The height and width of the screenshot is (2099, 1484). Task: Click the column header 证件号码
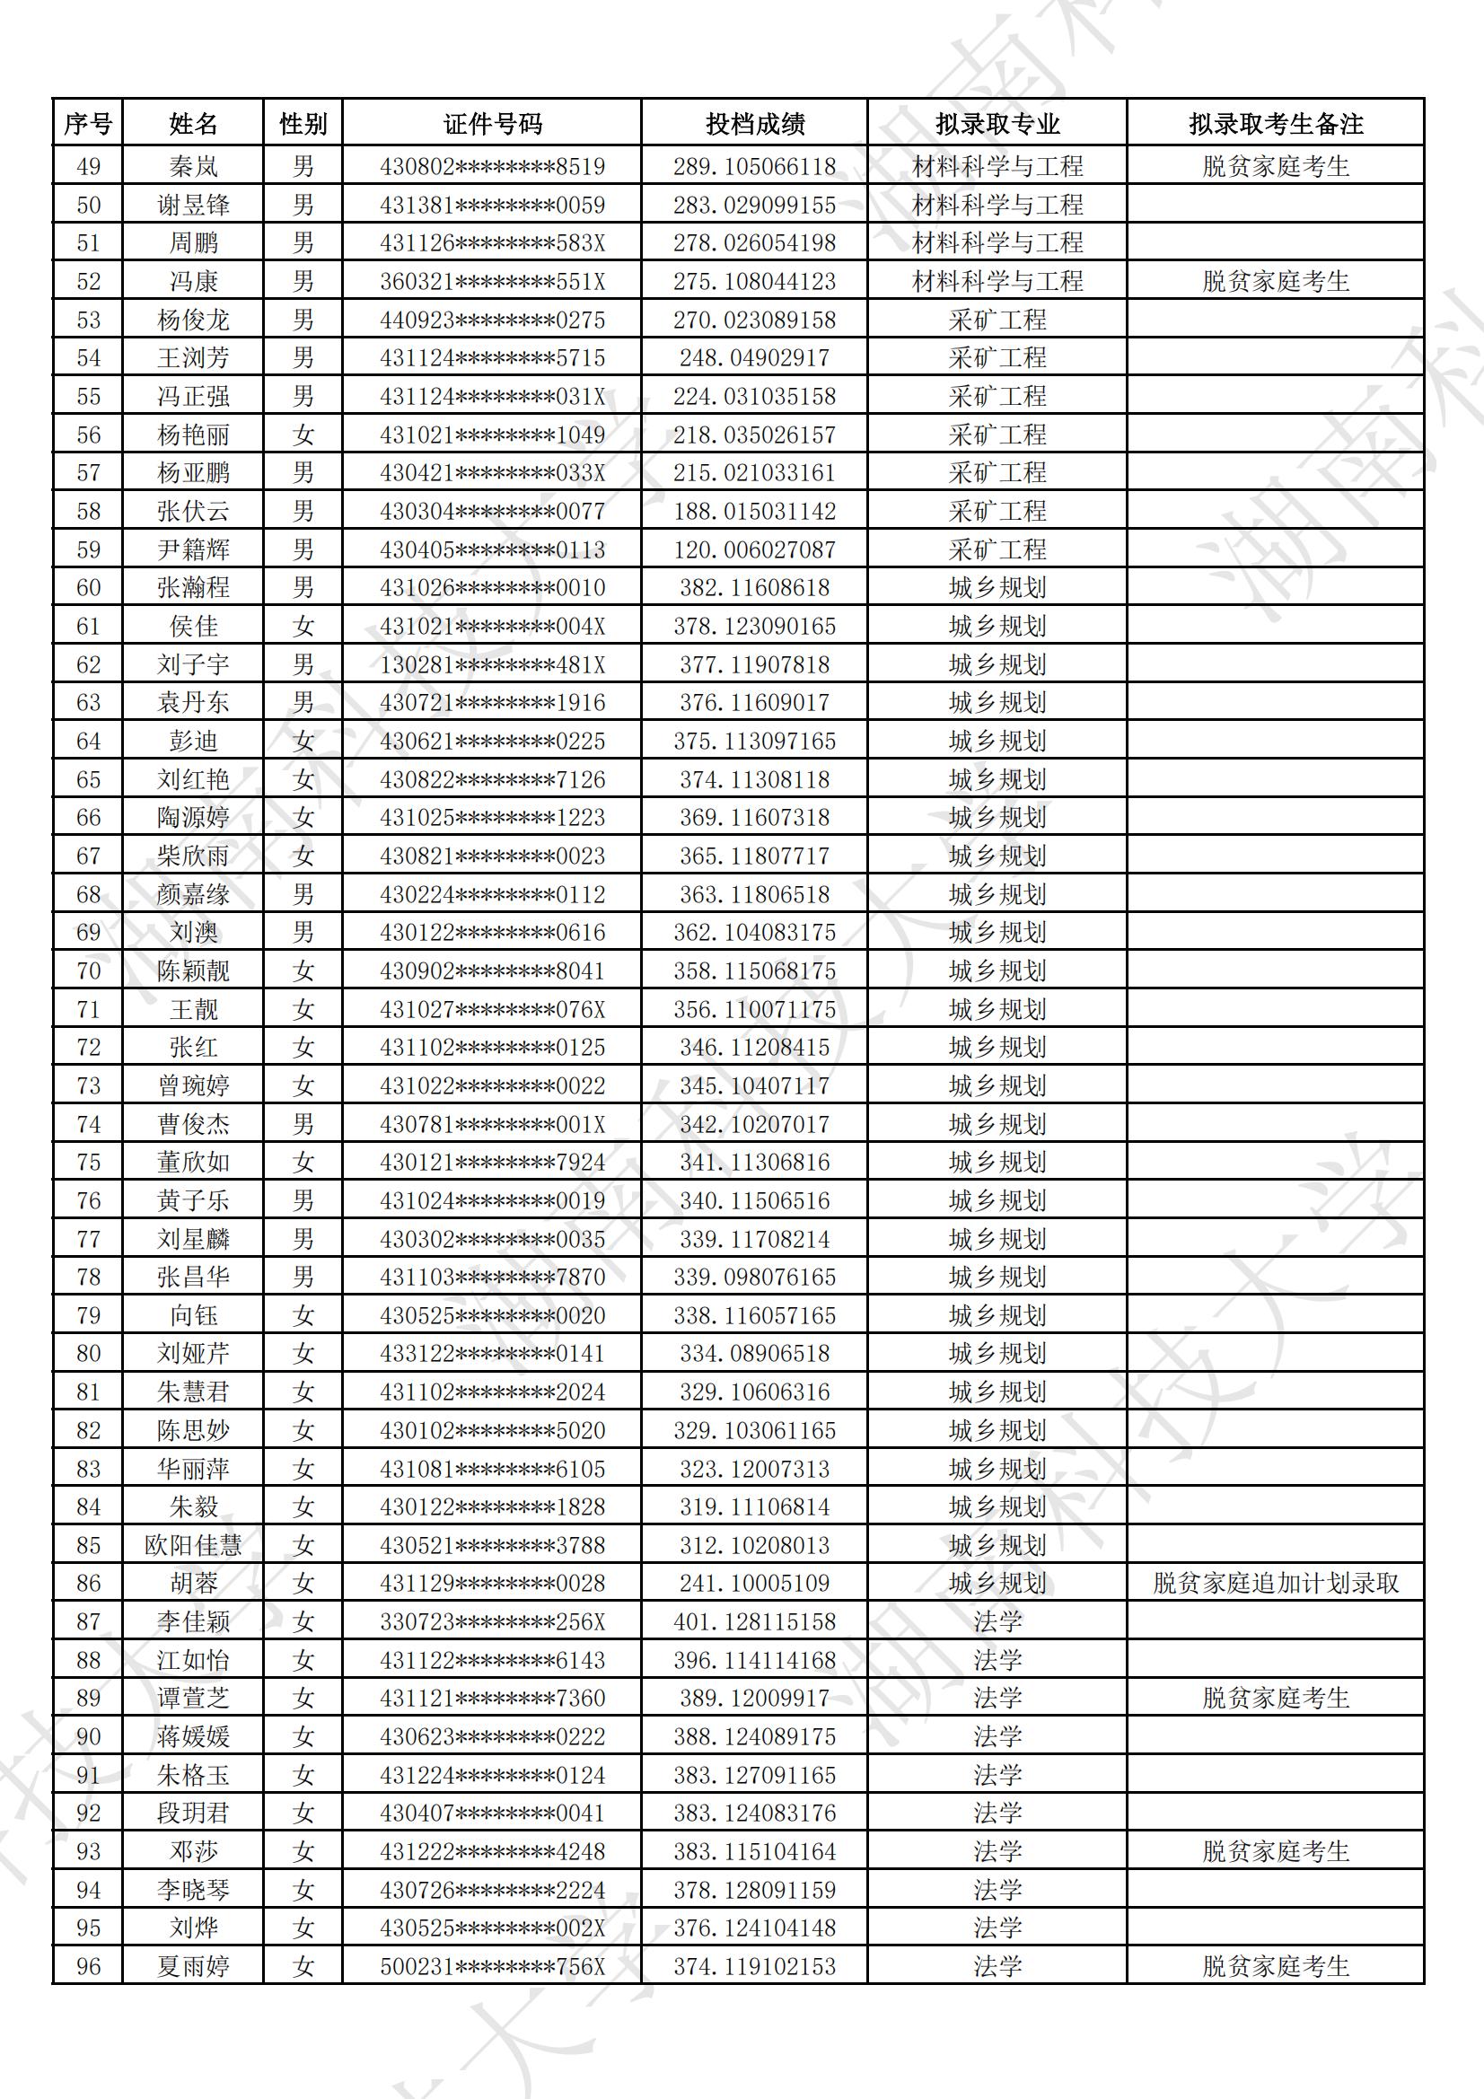[492, 123]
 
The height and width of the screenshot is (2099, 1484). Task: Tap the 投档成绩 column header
[754, 123]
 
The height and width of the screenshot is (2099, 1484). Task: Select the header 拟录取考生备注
[1275, 123]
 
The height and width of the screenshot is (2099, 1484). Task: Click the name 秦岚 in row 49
[193, 166]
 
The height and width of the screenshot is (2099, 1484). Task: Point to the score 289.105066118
[754, 166]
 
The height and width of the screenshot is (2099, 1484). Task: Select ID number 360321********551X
[492, 282]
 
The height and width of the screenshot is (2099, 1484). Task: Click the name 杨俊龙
[193, 320]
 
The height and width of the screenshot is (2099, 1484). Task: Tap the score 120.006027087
[754, 549]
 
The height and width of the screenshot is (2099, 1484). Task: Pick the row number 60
[88, 588]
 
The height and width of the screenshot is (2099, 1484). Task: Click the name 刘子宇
[193, 664]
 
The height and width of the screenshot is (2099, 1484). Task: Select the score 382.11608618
[754, 588]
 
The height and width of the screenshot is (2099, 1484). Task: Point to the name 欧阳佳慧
[193, 1545]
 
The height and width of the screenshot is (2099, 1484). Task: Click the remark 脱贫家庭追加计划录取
[1275, 1584]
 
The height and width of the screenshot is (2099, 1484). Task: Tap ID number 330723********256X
[492, 1621]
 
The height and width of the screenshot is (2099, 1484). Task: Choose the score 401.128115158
[754, 1621]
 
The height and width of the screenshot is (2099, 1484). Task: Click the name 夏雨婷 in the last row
[193, 1966]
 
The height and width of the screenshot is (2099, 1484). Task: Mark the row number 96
[88, 1966]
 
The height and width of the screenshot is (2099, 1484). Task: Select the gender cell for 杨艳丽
[303, 435]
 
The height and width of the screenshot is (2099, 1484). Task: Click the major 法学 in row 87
[997, 1621]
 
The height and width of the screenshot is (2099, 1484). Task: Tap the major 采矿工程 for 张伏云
[997, 511]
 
